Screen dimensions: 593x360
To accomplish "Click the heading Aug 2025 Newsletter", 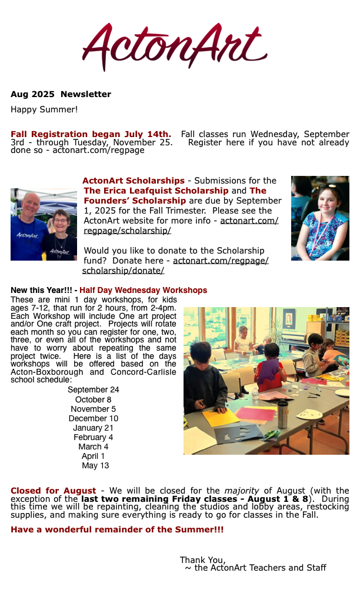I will tap(61, 94).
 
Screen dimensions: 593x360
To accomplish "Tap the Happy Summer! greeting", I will tap(44, 109).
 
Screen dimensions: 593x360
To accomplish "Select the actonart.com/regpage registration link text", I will tap(98, 150).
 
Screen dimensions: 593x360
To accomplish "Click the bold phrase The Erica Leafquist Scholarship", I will tap(156, 191).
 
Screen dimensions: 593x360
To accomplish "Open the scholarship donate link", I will tap(175, 265).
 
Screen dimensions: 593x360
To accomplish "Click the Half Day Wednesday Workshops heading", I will tap(143, 291).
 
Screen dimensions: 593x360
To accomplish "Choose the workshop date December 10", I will tap(93, 418).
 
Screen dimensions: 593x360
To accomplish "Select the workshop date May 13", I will tap(95, 465).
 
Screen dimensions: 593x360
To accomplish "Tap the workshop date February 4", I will tap(93, 437).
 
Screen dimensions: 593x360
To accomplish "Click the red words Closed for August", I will tap(53, 491).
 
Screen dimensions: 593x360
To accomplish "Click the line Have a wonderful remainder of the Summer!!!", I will tap(117, 529).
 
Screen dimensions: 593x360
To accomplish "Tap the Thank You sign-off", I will tap(202, 559).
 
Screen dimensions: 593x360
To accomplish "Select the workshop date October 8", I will tap(93, 399).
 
